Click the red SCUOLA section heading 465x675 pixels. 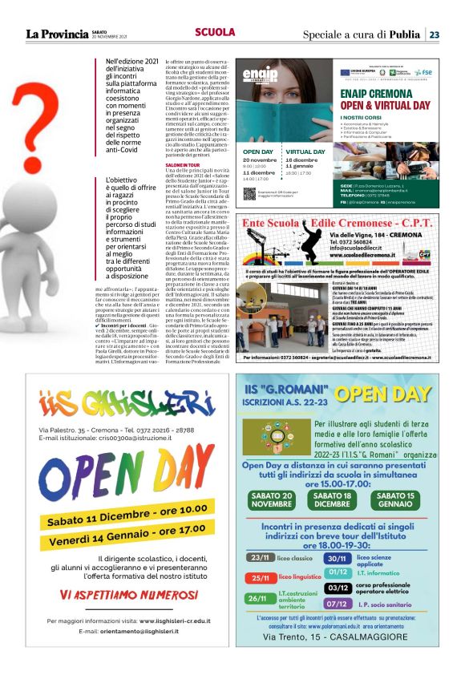tap(215, 33)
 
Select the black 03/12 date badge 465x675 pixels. tap(338, 587)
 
